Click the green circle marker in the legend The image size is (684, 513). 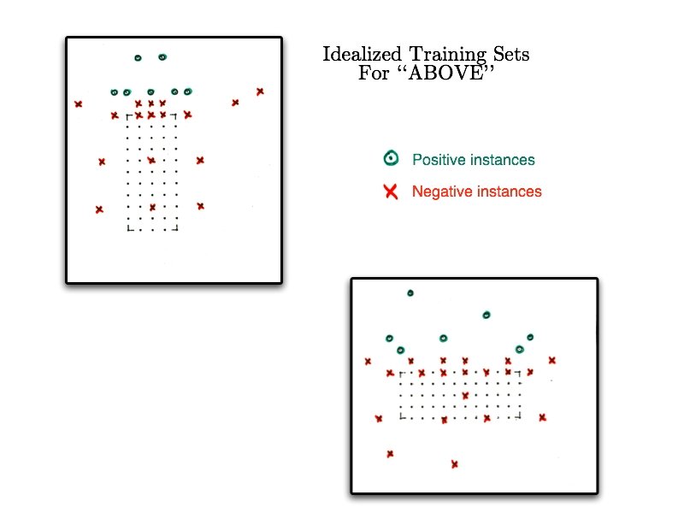click(391, 158)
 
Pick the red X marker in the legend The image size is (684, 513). click(392, 192)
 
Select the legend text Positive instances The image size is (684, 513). click(473, 160)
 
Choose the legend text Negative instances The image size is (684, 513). click(476, 192)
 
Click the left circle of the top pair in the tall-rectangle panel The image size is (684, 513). click(137, 58)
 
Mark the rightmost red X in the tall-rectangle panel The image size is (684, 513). click(260, 91)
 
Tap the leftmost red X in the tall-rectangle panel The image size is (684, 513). click(78, 104)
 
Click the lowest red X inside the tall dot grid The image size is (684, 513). click(152, 207)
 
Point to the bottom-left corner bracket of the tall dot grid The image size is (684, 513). click(130, 228)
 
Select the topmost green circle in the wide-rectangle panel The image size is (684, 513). click(410, 293)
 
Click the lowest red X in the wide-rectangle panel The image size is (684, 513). click(454, 464)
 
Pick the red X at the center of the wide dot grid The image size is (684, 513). click(465, 395)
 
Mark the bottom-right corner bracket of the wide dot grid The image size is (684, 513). click(520, 416)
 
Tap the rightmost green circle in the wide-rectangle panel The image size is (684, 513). click(530, 338)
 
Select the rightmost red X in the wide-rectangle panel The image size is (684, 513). click(551, 360)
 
